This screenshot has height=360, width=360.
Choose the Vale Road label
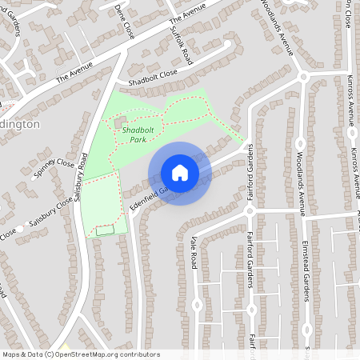194,252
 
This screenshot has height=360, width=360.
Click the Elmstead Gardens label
306,272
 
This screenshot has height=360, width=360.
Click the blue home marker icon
179,173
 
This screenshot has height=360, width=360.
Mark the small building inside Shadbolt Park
120,124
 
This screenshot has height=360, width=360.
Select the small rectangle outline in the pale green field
105,230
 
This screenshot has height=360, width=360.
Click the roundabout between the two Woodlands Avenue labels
303,77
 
